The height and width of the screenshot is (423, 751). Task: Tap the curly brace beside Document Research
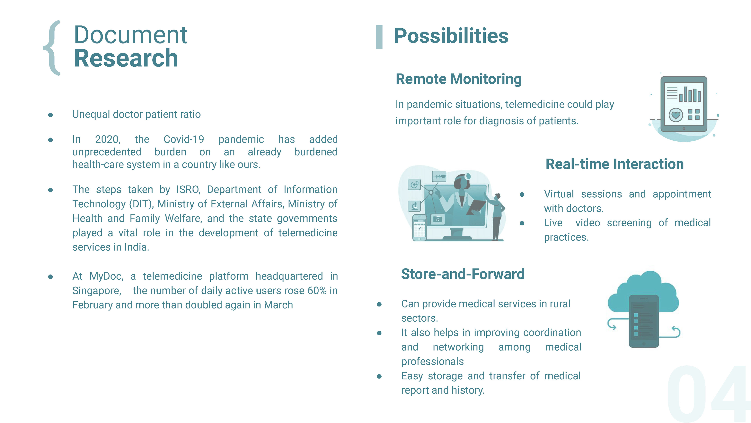[52, 48]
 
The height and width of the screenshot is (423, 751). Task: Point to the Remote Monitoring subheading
[459, 79]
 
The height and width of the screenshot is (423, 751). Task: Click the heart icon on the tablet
[676, 115]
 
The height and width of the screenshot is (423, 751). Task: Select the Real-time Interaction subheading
[614, 164]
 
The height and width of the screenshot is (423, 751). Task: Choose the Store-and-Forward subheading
[463, 274]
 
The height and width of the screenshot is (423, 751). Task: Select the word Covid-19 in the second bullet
[184, 139]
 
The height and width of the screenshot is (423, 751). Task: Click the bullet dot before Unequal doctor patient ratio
[50, 115]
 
